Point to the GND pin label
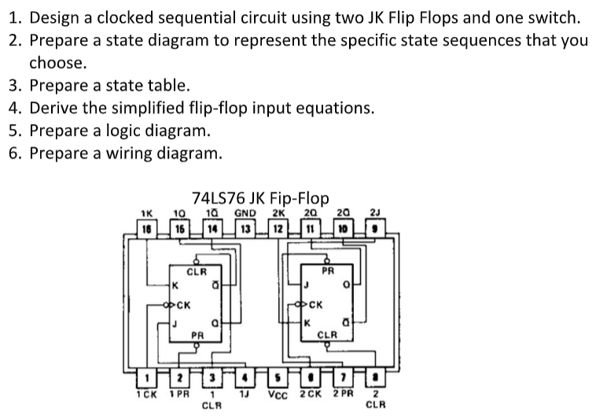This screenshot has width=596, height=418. pos(246,212)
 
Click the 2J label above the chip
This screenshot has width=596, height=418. pos(375,212)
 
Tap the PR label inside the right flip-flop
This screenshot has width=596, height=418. pos(329,271)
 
